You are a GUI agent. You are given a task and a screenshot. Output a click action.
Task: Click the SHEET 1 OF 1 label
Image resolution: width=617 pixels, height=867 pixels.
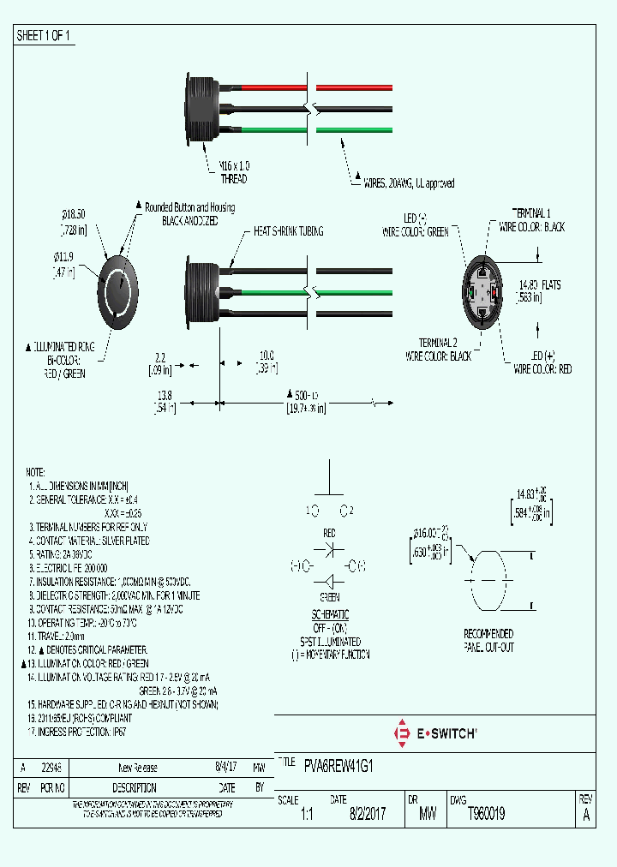pyautogui.click(x=44, y=36)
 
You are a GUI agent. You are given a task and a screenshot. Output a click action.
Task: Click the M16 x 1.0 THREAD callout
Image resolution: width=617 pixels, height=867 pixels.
pyautogui.click(x=233, y=172)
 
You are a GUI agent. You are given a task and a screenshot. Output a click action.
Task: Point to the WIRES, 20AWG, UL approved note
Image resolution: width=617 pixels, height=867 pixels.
pyautogui.click(x=409, y=183)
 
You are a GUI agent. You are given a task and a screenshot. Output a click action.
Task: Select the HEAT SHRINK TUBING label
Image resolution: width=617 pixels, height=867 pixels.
pyautogui.click(x=288, y=232)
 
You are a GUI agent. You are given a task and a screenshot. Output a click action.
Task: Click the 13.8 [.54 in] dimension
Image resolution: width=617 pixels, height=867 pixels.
pyautogui.click(x=165, y=402)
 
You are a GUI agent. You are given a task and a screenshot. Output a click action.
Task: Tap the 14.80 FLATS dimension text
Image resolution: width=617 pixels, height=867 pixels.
pyautogui.click(x=539, y=290)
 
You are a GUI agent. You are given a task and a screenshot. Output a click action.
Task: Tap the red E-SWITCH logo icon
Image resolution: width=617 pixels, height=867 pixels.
pyautogui.click(x=400, y=733)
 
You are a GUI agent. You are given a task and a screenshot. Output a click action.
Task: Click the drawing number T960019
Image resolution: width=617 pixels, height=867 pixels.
pyautogui.click(x=486, y=815)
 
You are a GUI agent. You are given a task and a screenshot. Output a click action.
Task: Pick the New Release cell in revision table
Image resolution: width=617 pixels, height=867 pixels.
pyautogui.click(x=137, y=768)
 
